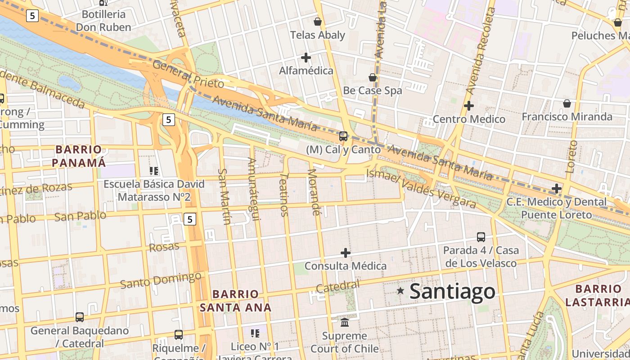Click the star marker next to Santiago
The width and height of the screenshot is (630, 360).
click(400, 291)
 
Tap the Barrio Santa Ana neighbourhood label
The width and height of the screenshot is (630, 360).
click(235, 301)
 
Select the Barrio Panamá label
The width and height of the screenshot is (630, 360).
click(79, 156)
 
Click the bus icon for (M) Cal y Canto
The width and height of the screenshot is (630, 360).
click(343, 136)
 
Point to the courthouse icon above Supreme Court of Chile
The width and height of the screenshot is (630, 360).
click(345, 322)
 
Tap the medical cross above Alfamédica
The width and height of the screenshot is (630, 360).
click(306, 58)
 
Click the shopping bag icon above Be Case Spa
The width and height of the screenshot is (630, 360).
click(373, 77)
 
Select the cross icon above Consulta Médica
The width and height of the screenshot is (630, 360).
click(345, 253)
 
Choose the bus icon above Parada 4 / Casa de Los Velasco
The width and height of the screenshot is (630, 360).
click(481, 237)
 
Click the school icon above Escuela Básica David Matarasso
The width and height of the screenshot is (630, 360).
click(154, 171)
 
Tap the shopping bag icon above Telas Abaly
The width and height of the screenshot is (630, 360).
click(318, 22)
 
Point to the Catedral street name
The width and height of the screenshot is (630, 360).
click(337, 286)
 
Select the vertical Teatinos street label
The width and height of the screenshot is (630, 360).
click(284, 195)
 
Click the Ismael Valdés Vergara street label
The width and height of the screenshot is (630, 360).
click(421, 189)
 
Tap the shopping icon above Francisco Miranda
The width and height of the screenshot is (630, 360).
click(567, 103)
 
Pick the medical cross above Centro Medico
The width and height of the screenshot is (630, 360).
click(469, 106)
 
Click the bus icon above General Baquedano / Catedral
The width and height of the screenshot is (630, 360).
click(80, 317)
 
